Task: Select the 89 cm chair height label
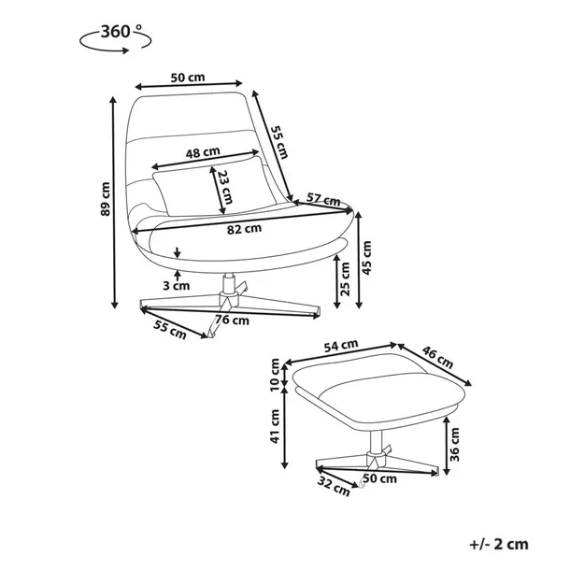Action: pyautogui.click(x=105, y=199)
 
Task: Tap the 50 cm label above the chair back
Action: pyautogui.click(x=188, y=77)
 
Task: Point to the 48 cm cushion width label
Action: pyautogui.click(x=203, y=152)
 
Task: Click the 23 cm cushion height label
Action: pyautogui.click(x=225, y=187)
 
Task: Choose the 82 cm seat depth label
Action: pyautogui.click(x=244, y=229)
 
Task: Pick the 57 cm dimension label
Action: pyautogui.click(x=323, y=199)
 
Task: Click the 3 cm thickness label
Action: pyautogui.click(x=177, y=285)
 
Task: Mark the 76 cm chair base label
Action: pyautogui.click(x=233, y=320)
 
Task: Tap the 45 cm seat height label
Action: pyautogui.click(x=367, y=258)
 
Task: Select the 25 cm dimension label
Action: pyautogui.click(x=346, y=278)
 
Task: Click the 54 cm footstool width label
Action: pyautogui.click(x=341, y=346)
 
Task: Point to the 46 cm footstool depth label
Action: pyautogui.click(x=437, y=357)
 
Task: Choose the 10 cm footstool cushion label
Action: pyautogui.click(x=275, y=374)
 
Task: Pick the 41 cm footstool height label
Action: pyautogui.click(x=275, y=426)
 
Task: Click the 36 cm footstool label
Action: pyautogui.click(x=454, y=444)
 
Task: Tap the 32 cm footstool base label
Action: pyautogui.click(x=334, y=487)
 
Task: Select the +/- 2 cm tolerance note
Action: pyautogui.click(x=499, y=544)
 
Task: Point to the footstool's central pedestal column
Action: pyautogui.click(x=376, y=441)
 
